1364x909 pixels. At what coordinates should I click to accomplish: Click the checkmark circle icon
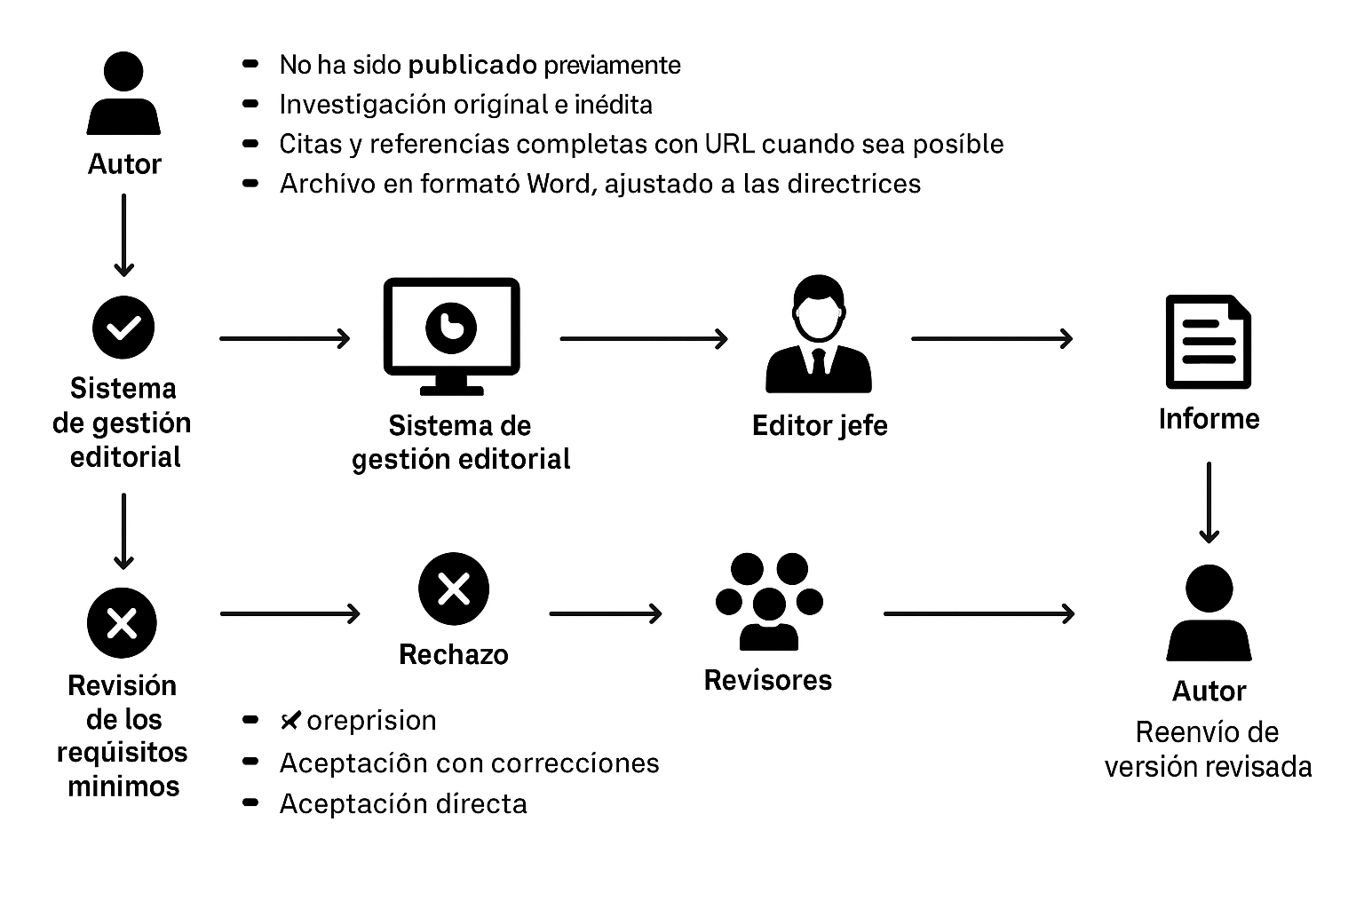coord(123,328)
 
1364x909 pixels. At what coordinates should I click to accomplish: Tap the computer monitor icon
coord(451,335)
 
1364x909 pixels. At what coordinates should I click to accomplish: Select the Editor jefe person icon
coord(818,335)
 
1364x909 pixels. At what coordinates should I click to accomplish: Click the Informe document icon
coord(1208,342)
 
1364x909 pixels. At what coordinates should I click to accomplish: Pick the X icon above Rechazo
coord(454,589)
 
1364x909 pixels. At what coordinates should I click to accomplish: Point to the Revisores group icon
coord(768,601)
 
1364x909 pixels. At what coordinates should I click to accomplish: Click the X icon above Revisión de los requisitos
coord(122,622)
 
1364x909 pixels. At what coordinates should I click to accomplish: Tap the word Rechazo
coord(454,655)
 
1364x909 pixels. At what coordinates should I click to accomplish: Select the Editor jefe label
coord(820,426)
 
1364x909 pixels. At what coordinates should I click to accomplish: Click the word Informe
coord(1209,419)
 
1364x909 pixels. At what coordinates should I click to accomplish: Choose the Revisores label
coord(768,681)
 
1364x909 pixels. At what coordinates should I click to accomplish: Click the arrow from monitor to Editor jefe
coord(644,338)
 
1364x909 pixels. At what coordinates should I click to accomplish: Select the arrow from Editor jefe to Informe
coord(992,338)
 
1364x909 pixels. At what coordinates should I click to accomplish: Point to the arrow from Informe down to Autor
coord(1209,502)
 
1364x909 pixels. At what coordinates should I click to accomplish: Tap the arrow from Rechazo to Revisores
coord(606,613)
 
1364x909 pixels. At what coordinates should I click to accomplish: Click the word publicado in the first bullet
coord(472,66)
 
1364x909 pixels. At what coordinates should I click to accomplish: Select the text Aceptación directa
coord(403,804)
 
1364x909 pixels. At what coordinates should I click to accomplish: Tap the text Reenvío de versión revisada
coord(1208,750)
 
